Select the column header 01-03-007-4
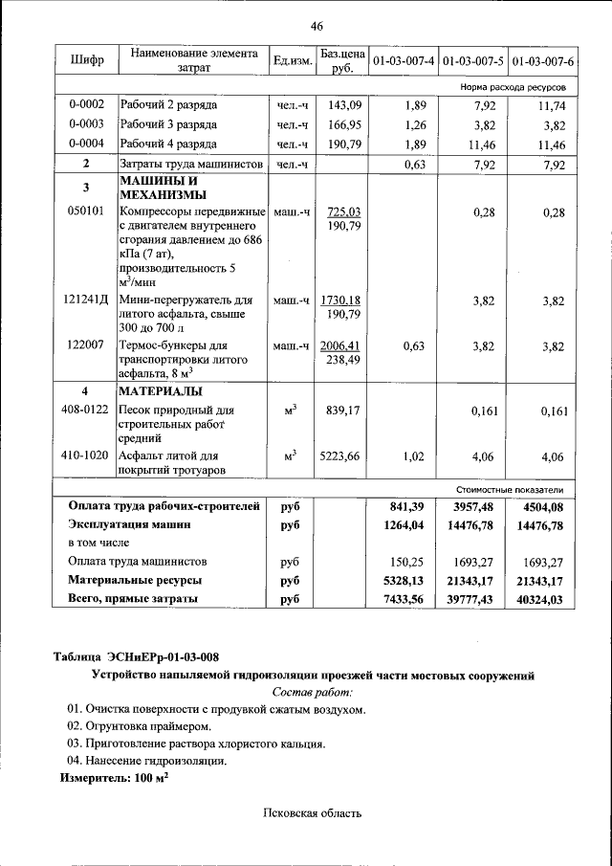pos(404,61)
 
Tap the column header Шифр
pos(86,61)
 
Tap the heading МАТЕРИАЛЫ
pos(160,391)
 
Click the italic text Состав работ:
pos(313,691)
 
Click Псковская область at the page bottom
pos(313,813)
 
